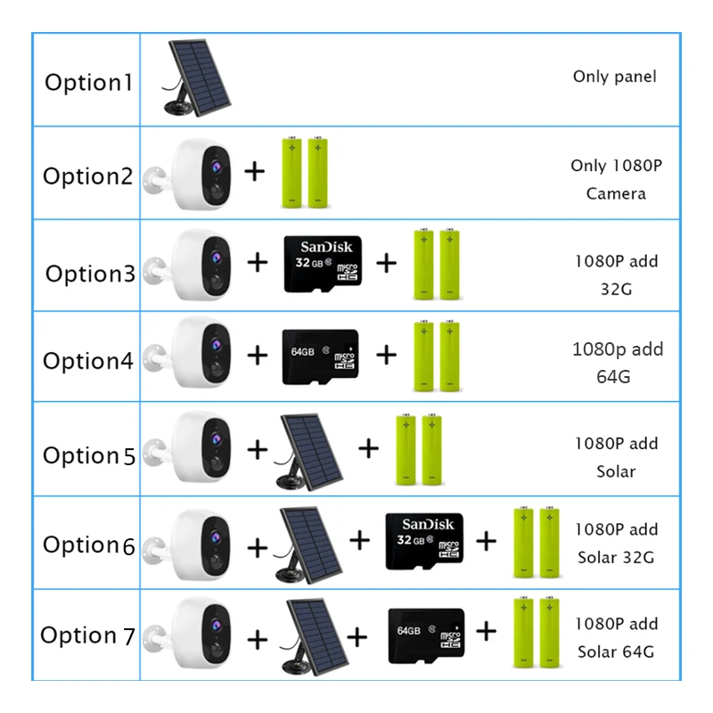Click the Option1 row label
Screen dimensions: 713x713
point(88,83)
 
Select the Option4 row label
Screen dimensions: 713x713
point(88,361)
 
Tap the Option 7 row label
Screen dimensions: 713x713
point(87,635)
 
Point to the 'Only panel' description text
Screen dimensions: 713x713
point(614,77)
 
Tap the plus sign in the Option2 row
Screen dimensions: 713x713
point(255,171)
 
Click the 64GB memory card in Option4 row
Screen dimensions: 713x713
point(319,356)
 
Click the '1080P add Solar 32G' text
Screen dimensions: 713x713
point(616,544)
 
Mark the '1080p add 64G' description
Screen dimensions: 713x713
point(617,362)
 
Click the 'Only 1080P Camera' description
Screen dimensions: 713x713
point(616,179)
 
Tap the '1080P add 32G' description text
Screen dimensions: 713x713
point(616,275)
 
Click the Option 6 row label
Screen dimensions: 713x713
point(88,545)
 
